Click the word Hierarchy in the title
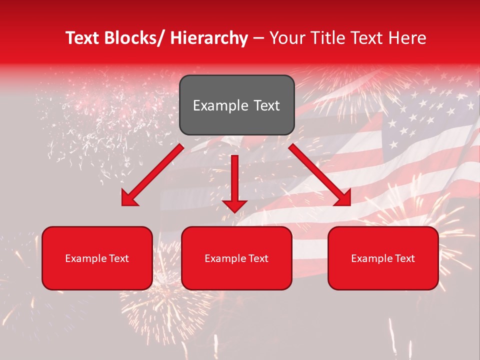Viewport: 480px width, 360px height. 208,38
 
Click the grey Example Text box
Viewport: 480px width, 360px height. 236,105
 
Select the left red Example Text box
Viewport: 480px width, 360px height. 97,258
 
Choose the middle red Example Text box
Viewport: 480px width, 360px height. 236,258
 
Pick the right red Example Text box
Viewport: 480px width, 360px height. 383,258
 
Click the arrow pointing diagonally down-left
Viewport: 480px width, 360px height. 152,175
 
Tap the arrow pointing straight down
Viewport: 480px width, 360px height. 234,182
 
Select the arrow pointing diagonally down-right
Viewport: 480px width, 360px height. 320,175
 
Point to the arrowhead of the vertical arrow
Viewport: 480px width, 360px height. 234,205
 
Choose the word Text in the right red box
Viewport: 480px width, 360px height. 404,258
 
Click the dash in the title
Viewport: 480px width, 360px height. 258,38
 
